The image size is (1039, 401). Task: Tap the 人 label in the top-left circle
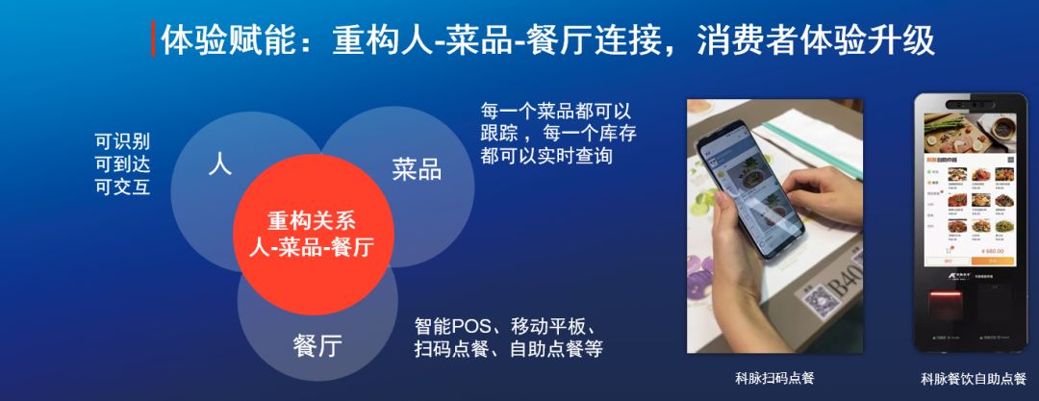(219, 164)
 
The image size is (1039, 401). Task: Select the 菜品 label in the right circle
(417, 170)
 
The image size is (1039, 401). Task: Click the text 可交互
(122, 187)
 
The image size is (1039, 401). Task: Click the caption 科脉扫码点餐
(767, 377)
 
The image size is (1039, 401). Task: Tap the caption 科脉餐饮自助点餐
(973, 377)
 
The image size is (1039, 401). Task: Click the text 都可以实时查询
(546, 156)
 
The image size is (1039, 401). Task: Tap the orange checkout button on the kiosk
(992, 261)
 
